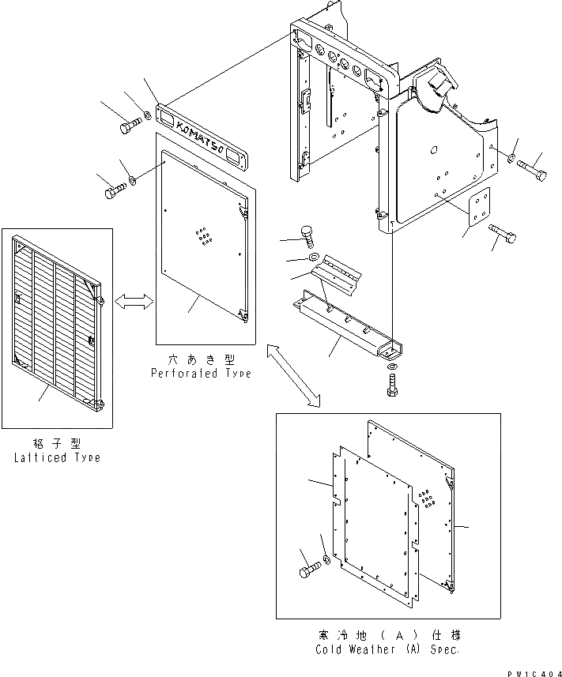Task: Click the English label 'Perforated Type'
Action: click(201, 373)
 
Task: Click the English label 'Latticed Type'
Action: click(57, 458)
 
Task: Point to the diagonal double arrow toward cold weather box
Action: click(293, 375)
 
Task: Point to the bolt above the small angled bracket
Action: click(307, 233)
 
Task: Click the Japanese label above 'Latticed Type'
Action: click(58, 444)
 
